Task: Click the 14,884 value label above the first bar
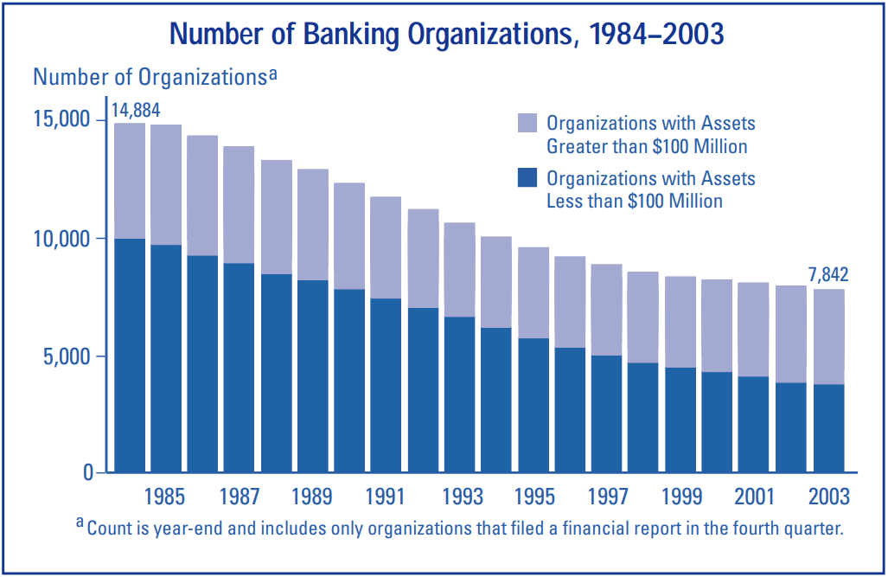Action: pos(136,111)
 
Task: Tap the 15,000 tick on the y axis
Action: pos(63,119)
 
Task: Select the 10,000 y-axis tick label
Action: pos(63,238)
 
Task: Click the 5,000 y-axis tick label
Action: pos(68,356)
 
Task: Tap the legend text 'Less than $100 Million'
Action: pos(635,201)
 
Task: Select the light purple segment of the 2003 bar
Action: pos(828,337)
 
